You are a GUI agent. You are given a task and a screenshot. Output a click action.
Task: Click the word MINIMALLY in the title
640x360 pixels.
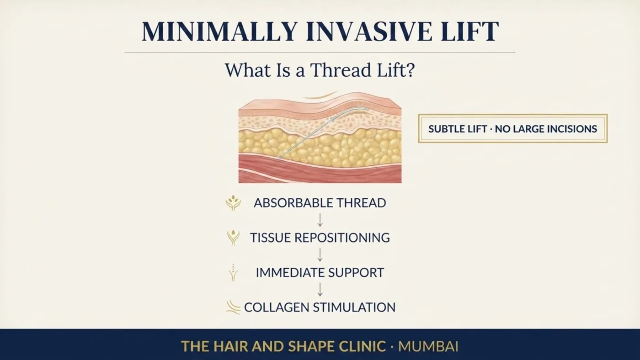click(219, 32)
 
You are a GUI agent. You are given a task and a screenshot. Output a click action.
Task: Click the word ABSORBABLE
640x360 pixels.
click(293, 203)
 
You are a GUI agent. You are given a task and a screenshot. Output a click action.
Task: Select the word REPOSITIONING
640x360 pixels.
click(342, 238)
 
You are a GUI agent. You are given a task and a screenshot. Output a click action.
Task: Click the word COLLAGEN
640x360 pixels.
click(277, 307)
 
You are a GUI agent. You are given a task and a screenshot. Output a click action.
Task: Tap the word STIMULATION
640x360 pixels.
click(354, 307)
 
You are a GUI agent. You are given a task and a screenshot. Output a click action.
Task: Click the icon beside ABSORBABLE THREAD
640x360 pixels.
click(233, 203)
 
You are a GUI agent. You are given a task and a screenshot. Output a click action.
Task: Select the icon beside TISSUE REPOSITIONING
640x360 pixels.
click(233, 238)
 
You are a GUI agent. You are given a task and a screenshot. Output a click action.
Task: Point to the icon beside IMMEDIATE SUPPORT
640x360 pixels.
click(233, 273)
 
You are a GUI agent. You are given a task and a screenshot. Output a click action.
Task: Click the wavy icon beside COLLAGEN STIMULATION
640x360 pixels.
click(234, 307)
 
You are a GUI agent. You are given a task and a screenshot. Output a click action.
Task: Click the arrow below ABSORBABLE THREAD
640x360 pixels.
click(320, 220)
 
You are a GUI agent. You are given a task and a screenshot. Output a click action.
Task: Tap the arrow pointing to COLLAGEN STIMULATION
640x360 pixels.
click(320, 290)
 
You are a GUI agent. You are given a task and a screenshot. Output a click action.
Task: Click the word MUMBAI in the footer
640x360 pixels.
click(428, 347)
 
